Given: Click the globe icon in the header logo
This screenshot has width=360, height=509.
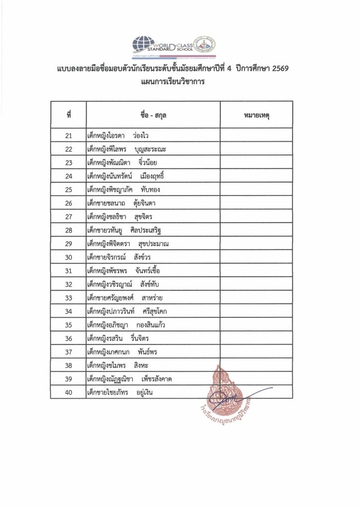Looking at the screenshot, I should [x=142, y=44].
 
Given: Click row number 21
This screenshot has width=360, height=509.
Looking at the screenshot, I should [x=69, y=135].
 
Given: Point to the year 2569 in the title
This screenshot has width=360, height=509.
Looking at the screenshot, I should [x=274, y=72].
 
